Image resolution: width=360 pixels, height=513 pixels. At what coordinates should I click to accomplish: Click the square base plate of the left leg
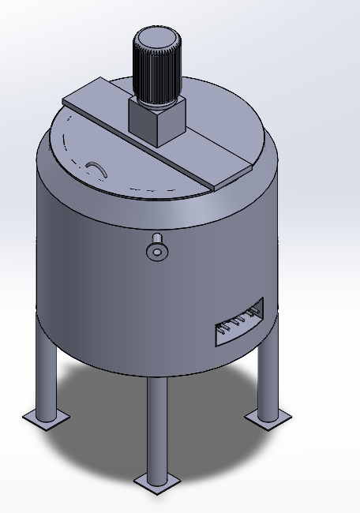click(46, 417)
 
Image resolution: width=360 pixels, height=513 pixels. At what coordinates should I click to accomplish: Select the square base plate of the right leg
click(268, 416)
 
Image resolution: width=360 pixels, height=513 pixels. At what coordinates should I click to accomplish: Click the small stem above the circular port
click(156, 239)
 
